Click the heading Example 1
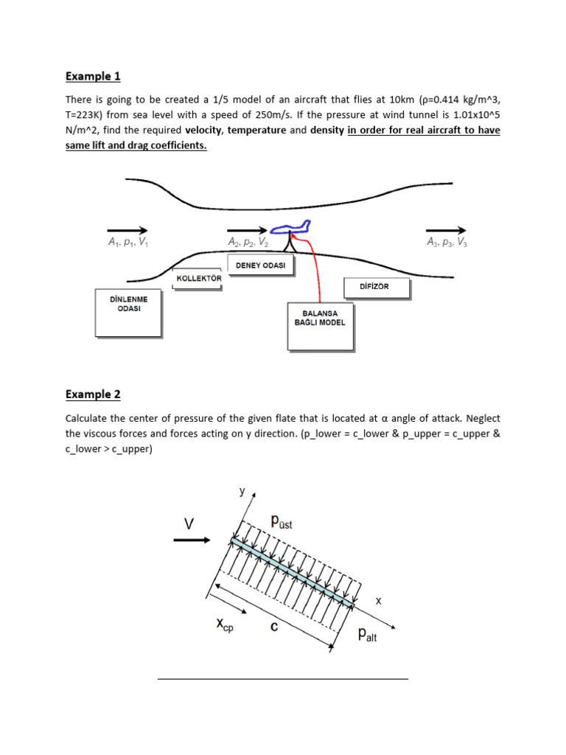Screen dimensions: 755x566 pyautogui.click(x=93, y=76)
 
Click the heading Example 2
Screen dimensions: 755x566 pyautogui.click(x=93, y=394)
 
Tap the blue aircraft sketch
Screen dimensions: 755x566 pyautogui.click(x=293, y=229)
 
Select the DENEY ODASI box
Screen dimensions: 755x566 pyautogui.click(x=262, y=264)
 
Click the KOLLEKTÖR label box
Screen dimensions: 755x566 pyautogui.click(x=198, y=279)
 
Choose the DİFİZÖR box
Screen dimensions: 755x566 pyautogui.click(x=376, y=288)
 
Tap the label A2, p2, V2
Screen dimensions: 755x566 pyautogui.click(x=247, y=243)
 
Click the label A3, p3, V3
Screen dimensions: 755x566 pyautogui.click(x=447, y=243)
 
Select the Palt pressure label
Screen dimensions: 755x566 pyautogui.click(x=366, y=634)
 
